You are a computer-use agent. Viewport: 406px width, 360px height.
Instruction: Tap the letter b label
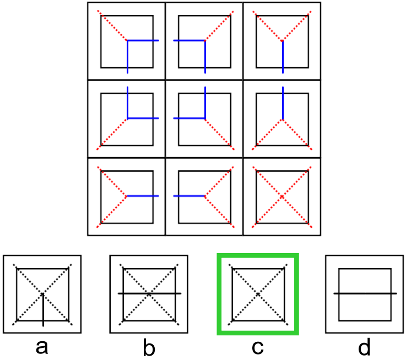click(150, 347)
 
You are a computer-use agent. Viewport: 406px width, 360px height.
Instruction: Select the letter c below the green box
click(257, 347)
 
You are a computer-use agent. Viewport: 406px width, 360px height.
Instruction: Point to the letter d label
click(365, 347)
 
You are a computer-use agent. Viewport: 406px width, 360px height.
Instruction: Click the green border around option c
click(219, 294)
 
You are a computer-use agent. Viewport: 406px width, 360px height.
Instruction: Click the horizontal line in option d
click(365, 294)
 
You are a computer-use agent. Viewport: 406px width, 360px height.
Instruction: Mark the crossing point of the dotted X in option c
click(258, 294)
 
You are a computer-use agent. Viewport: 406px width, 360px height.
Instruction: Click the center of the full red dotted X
click(282, 196)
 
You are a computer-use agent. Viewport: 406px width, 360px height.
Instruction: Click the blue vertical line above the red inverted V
click(282, 103)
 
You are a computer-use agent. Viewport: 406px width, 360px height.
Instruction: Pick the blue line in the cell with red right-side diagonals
click(189, 196)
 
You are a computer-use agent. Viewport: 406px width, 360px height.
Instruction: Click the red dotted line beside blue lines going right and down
click(113, 25)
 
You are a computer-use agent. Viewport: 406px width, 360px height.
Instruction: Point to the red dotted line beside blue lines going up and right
click(113, 134)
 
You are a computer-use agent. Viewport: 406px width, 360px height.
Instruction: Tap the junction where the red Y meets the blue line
click(282, 41)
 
